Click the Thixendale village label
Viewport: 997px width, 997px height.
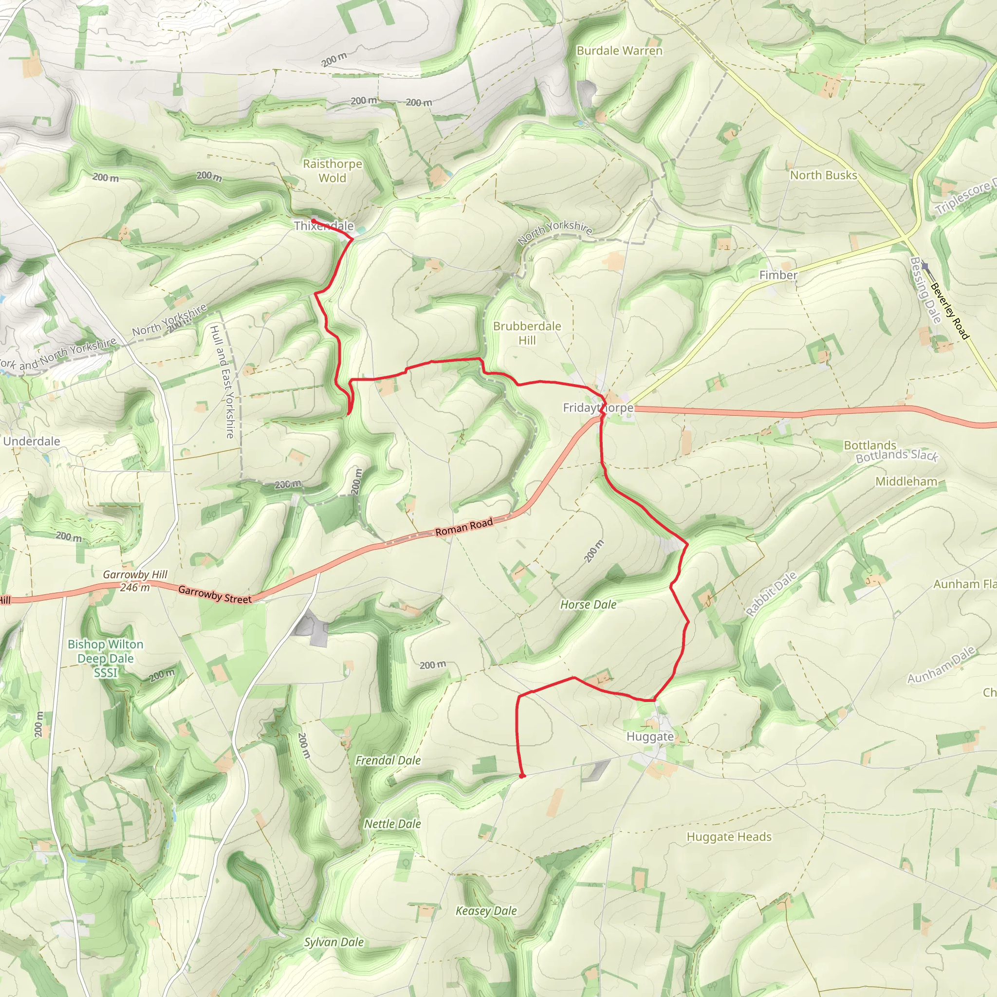click(324, 226)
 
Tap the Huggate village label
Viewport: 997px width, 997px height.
click(650, 737)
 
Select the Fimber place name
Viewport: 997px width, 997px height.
click(777, 275)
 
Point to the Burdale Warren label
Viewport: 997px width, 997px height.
click(619, 51)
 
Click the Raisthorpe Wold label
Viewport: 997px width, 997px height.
click(332, 171)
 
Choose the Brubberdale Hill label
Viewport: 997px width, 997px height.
click(527, 333)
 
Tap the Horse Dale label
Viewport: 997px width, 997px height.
click(588, 604)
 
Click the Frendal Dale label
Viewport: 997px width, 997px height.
click(388, 760)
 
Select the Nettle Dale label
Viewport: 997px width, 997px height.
click(392, 824)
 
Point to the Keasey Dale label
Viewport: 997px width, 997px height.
click(486, 911)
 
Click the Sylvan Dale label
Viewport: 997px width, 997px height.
click(334, 942)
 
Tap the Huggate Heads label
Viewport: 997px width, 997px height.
click(729, 836)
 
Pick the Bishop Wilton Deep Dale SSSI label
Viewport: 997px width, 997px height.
click(105, 658)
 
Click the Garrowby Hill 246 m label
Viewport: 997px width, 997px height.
click(135, 581)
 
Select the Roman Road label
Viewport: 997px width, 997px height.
click(464, 527)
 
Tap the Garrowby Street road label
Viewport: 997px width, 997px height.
click(215, 594)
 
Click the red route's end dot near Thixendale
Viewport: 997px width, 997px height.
click(313, 221)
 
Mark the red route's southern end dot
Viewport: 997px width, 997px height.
click(522, 775)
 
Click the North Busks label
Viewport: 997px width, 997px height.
click(823, 175)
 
